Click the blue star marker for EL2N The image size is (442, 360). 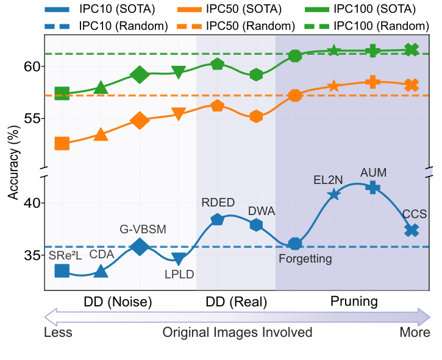tap(333, 194)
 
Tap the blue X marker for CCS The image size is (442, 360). tap(412, 230)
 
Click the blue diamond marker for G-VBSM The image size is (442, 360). tap(140, 247)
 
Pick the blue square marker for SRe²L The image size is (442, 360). tap(62, 270)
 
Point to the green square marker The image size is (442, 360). tap(62, 93)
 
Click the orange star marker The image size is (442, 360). tap(333, 86)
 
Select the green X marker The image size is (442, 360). tap(412, 49)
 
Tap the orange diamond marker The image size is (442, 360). tap(140, 121)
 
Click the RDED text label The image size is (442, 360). tap(218, 203)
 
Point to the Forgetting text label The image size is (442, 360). tap(305, 259)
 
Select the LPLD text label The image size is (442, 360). tap(179, 274)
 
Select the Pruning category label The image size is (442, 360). tap(354, 302)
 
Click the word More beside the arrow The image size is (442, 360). tap(415, 333)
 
